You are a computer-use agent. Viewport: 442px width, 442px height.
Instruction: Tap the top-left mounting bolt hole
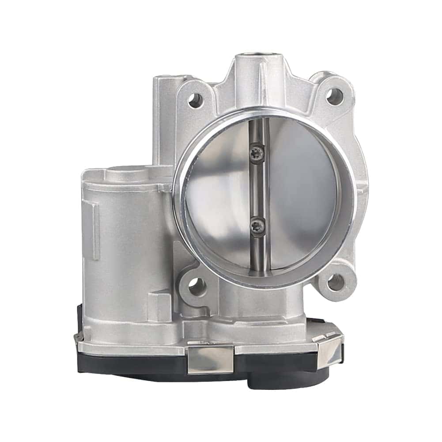[x=195, y=100]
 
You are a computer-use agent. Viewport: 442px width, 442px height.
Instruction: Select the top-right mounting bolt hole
[x=334, y=94]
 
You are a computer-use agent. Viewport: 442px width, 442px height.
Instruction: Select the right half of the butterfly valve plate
[x=300, y=190]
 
